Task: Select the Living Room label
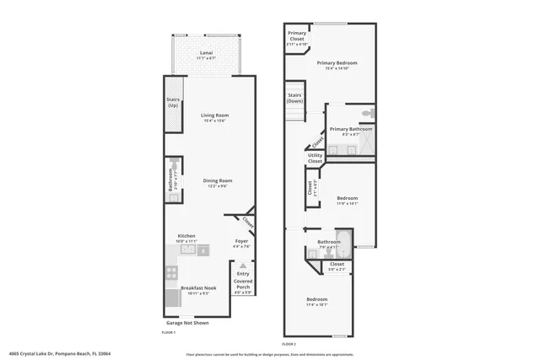(214, 116)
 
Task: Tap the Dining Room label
(218, 180)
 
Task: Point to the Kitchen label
(186, 236)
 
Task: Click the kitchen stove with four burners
(171, 272)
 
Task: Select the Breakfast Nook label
(199, 288)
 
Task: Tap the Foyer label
(241, 242)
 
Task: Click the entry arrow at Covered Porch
(242, 265)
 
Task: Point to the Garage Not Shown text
(188, 323)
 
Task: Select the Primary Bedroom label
(337, 63)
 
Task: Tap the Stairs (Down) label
(295, 98)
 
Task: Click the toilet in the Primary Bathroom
(369, 113)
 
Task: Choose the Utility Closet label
(315, 158)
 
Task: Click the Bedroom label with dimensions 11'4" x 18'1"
(317, 300)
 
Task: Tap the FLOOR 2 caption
(289, 344)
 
